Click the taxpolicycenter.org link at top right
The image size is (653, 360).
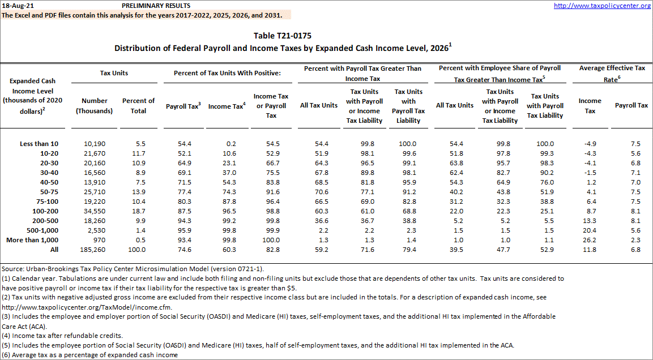[602, 6]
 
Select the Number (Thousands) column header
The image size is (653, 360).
[95, 106]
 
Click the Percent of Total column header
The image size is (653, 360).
[138, 106]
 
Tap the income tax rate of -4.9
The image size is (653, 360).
[590, 144]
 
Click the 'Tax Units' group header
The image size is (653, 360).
[114, 73]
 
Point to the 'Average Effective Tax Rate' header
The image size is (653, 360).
[612, 74]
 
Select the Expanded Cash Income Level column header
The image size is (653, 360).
[33, 96]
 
